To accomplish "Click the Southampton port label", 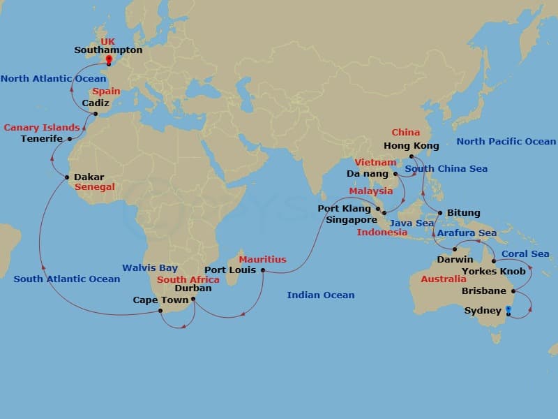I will point(108,50).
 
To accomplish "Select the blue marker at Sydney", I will point(508,309).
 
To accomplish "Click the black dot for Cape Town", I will point(160,311).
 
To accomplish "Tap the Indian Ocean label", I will point(320,295).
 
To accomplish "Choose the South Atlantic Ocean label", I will point(66,279).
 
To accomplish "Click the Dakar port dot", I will point(67,177).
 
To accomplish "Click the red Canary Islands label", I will point(42,128).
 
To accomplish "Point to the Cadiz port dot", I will point(96,114).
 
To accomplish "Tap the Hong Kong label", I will point(412,146).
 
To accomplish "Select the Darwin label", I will point(455,259).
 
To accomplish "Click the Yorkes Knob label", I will point(494,272).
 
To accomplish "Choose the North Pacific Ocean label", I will point(506,141).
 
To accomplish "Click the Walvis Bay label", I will point(150,267).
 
